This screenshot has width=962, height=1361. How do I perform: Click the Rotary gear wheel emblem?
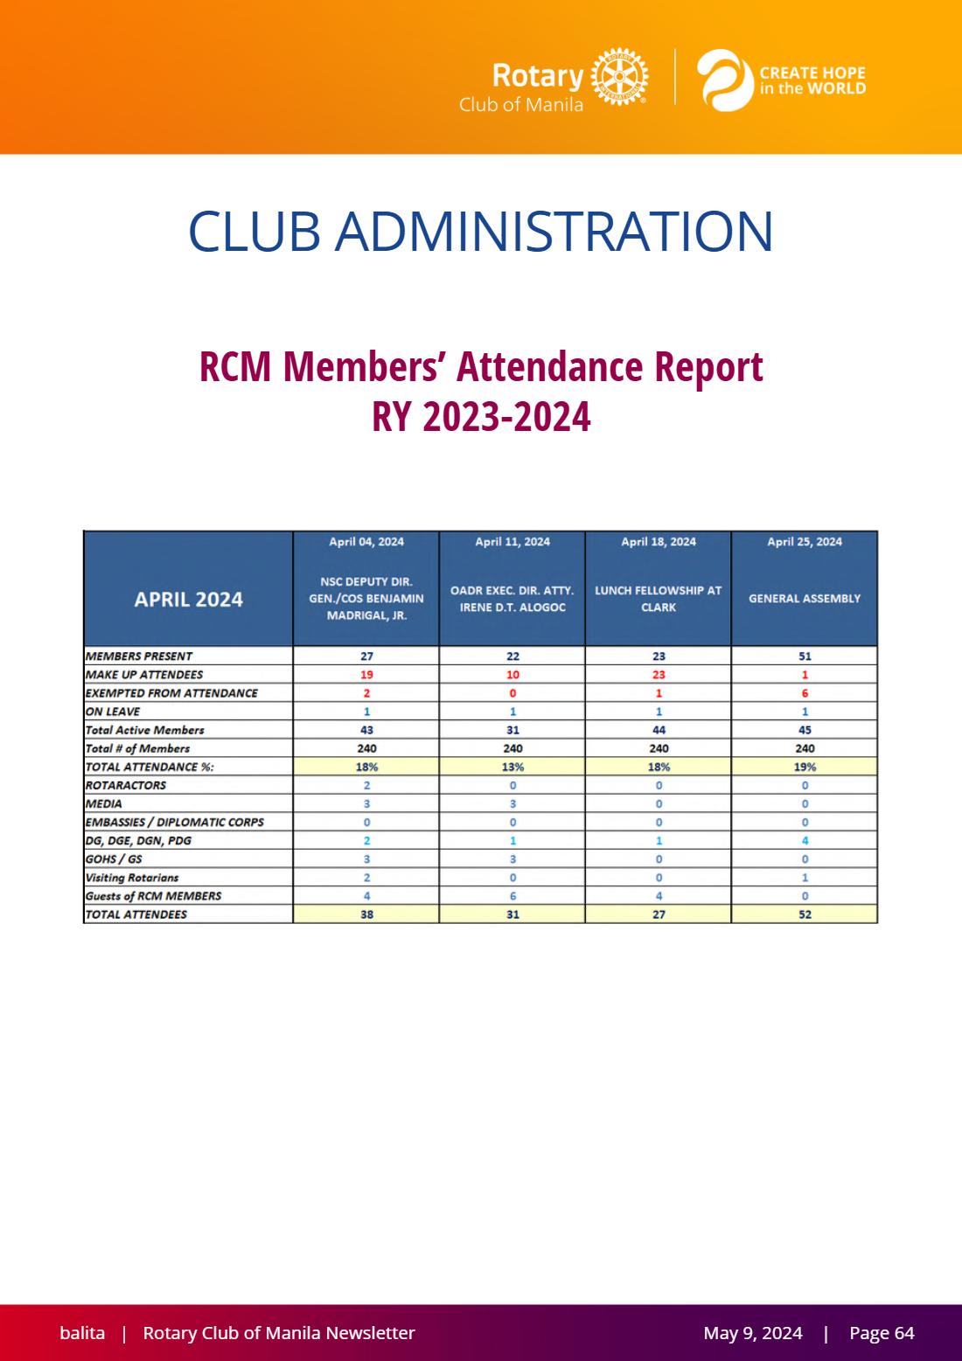pyautogui.click(x=619, y=77)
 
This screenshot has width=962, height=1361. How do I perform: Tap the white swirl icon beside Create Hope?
pyautogui.click(x=724, y=80)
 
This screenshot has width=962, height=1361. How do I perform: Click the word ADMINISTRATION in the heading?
pyautogui.click(x=554, y=232)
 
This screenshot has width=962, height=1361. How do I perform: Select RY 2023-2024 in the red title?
pyautogui.click(x=481, y=417)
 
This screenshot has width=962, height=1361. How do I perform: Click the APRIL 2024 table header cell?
pyautogui.click(x=188, y=600)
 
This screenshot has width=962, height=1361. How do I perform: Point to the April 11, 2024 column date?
pyautogui.click(x=512, y=541)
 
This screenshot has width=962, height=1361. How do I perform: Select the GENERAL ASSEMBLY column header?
pyautogui.click(x=805, y=599)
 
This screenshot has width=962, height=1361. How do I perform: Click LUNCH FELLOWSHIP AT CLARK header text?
pyautogui.click(x=659, y=599)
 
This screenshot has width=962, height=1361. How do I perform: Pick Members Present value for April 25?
pyautogui.click(x=805, y=656)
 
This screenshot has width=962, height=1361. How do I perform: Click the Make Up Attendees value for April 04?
pyautogui.click(x=366, y=675)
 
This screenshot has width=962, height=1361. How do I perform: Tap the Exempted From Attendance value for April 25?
pyautogui.click(x=805, y=693)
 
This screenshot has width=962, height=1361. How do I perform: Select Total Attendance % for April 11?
pyautogui.click(x=512, y=767)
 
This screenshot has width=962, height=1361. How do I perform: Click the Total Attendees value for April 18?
pyautogui.click(x=659, y=914)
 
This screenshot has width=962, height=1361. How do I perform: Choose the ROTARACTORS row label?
pyautogui.click(x=126, y=785)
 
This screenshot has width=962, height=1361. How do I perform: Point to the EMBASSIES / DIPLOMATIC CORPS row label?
pyautogui.click(x=175, y=822)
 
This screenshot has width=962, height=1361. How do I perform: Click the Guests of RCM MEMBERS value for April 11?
pyautogui.click(x=512, y=896)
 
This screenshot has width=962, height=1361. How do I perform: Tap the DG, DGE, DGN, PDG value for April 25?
pyautogui.click(x=805, y=841)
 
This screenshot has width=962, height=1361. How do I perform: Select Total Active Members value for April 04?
pyautogui.click(x=366, y=730)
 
